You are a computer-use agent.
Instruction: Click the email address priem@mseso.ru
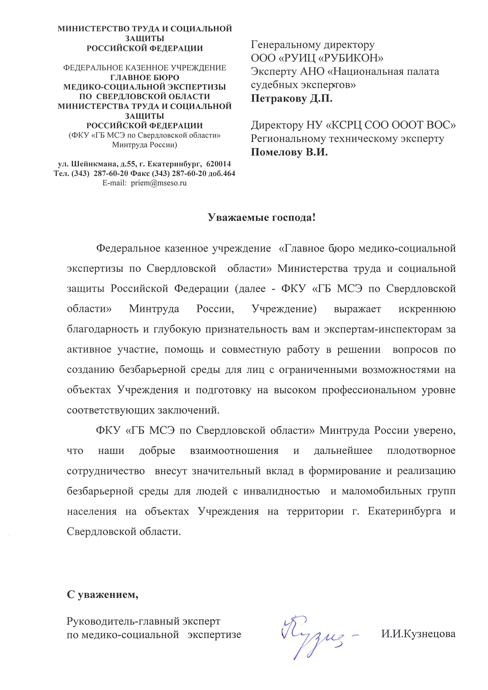coord(159,183)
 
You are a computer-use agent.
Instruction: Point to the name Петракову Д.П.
coord(291,99)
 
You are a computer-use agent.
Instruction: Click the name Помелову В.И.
coord(289,152)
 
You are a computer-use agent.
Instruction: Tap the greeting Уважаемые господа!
coord(262,217)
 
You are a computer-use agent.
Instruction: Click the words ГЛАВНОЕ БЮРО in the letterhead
coord(145,77)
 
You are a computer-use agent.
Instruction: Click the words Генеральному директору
coord(312,45)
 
